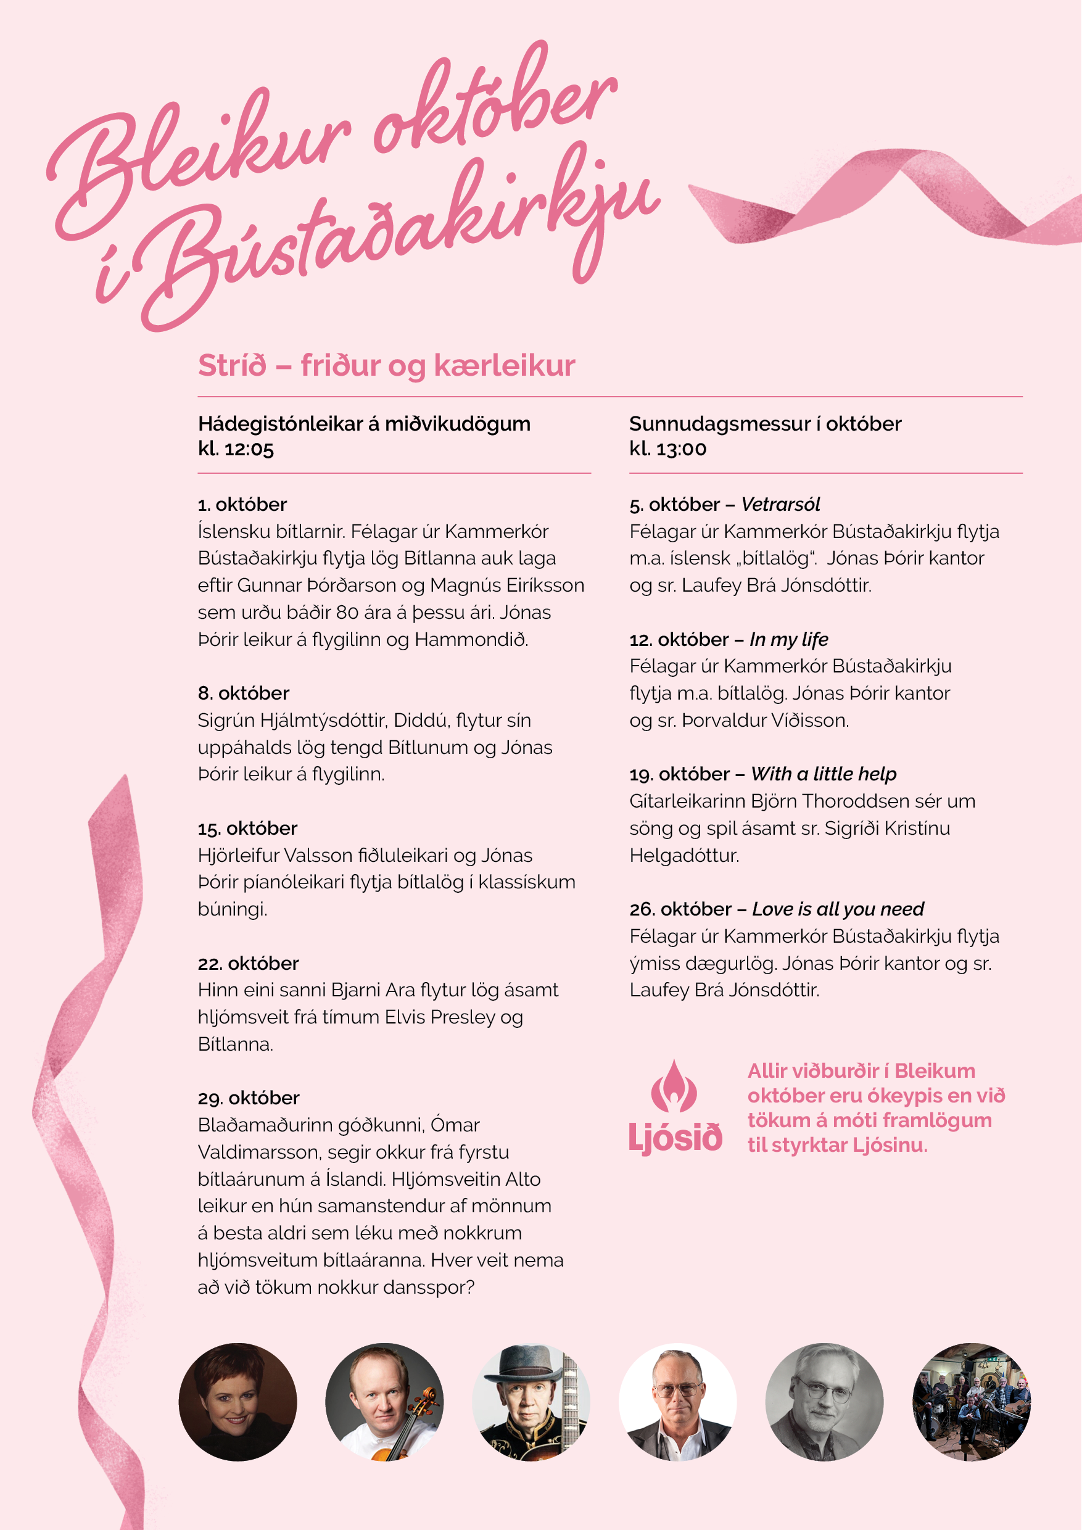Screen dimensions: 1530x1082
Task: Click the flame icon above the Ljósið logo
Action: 674,1086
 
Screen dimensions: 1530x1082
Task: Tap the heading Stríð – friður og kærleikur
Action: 386,366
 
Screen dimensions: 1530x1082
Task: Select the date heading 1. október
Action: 242,505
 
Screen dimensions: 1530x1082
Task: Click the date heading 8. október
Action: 244,693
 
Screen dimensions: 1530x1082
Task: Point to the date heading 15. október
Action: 248,829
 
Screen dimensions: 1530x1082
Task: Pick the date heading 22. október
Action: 249,963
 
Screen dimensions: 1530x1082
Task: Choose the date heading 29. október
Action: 249,1098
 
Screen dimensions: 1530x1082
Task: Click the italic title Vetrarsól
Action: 780,505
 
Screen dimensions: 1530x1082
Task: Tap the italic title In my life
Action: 789,640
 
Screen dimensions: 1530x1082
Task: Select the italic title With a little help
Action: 824,774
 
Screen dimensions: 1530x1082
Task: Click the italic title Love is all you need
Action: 838,909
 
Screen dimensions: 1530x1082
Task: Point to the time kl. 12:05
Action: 236,449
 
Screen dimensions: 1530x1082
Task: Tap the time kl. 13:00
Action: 667,449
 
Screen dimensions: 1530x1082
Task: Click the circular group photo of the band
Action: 971,1402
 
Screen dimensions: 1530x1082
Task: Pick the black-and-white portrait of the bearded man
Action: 824,1402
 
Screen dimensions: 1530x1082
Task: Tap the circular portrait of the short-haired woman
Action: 238,1402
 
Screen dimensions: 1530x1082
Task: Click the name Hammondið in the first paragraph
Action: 471,640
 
